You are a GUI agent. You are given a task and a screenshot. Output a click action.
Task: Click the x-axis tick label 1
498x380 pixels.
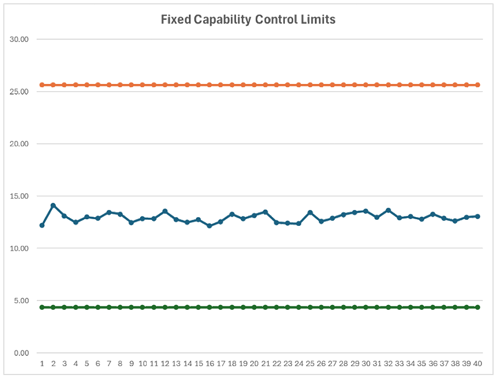tap(42, 363)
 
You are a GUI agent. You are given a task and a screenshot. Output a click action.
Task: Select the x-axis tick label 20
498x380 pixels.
tap(254, 363)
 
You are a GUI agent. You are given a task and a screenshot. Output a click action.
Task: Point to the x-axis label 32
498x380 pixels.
tap(388, 363)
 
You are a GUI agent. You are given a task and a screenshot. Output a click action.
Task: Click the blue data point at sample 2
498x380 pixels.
tap(53, 205)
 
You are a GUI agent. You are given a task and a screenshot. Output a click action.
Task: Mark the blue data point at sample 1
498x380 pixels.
tap(42, 225)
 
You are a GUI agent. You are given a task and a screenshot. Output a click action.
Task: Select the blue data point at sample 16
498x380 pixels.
tap(209, 226)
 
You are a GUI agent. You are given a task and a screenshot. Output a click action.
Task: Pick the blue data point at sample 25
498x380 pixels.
tap(310, 213)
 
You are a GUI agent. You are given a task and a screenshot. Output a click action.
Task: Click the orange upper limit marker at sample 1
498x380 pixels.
tap(42, 85)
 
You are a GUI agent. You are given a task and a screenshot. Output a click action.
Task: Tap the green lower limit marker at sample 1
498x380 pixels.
tap(42, 307)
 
